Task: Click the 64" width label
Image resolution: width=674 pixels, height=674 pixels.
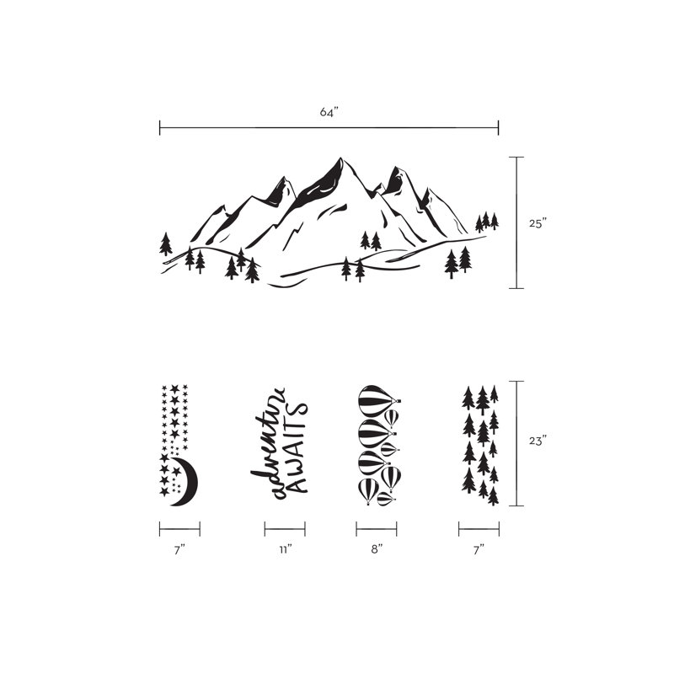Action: pos(329,112)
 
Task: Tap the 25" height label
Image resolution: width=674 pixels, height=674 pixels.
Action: pos(538,223)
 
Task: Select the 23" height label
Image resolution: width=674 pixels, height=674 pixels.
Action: pos(538,441)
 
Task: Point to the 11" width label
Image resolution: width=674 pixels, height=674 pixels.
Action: pos(285,549)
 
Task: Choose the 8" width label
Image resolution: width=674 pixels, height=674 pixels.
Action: pos(377,549)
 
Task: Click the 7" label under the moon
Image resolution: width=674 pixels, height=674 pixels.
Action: pos(179,549)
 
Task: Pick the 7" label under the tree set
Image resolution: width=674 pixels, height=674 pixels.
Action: pos(479,549)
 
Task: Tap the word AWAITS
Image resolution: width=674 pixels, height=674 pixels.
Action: pos(298,447)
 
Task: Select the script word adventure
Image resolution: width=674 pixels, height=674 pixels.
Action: pos(269,444)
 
